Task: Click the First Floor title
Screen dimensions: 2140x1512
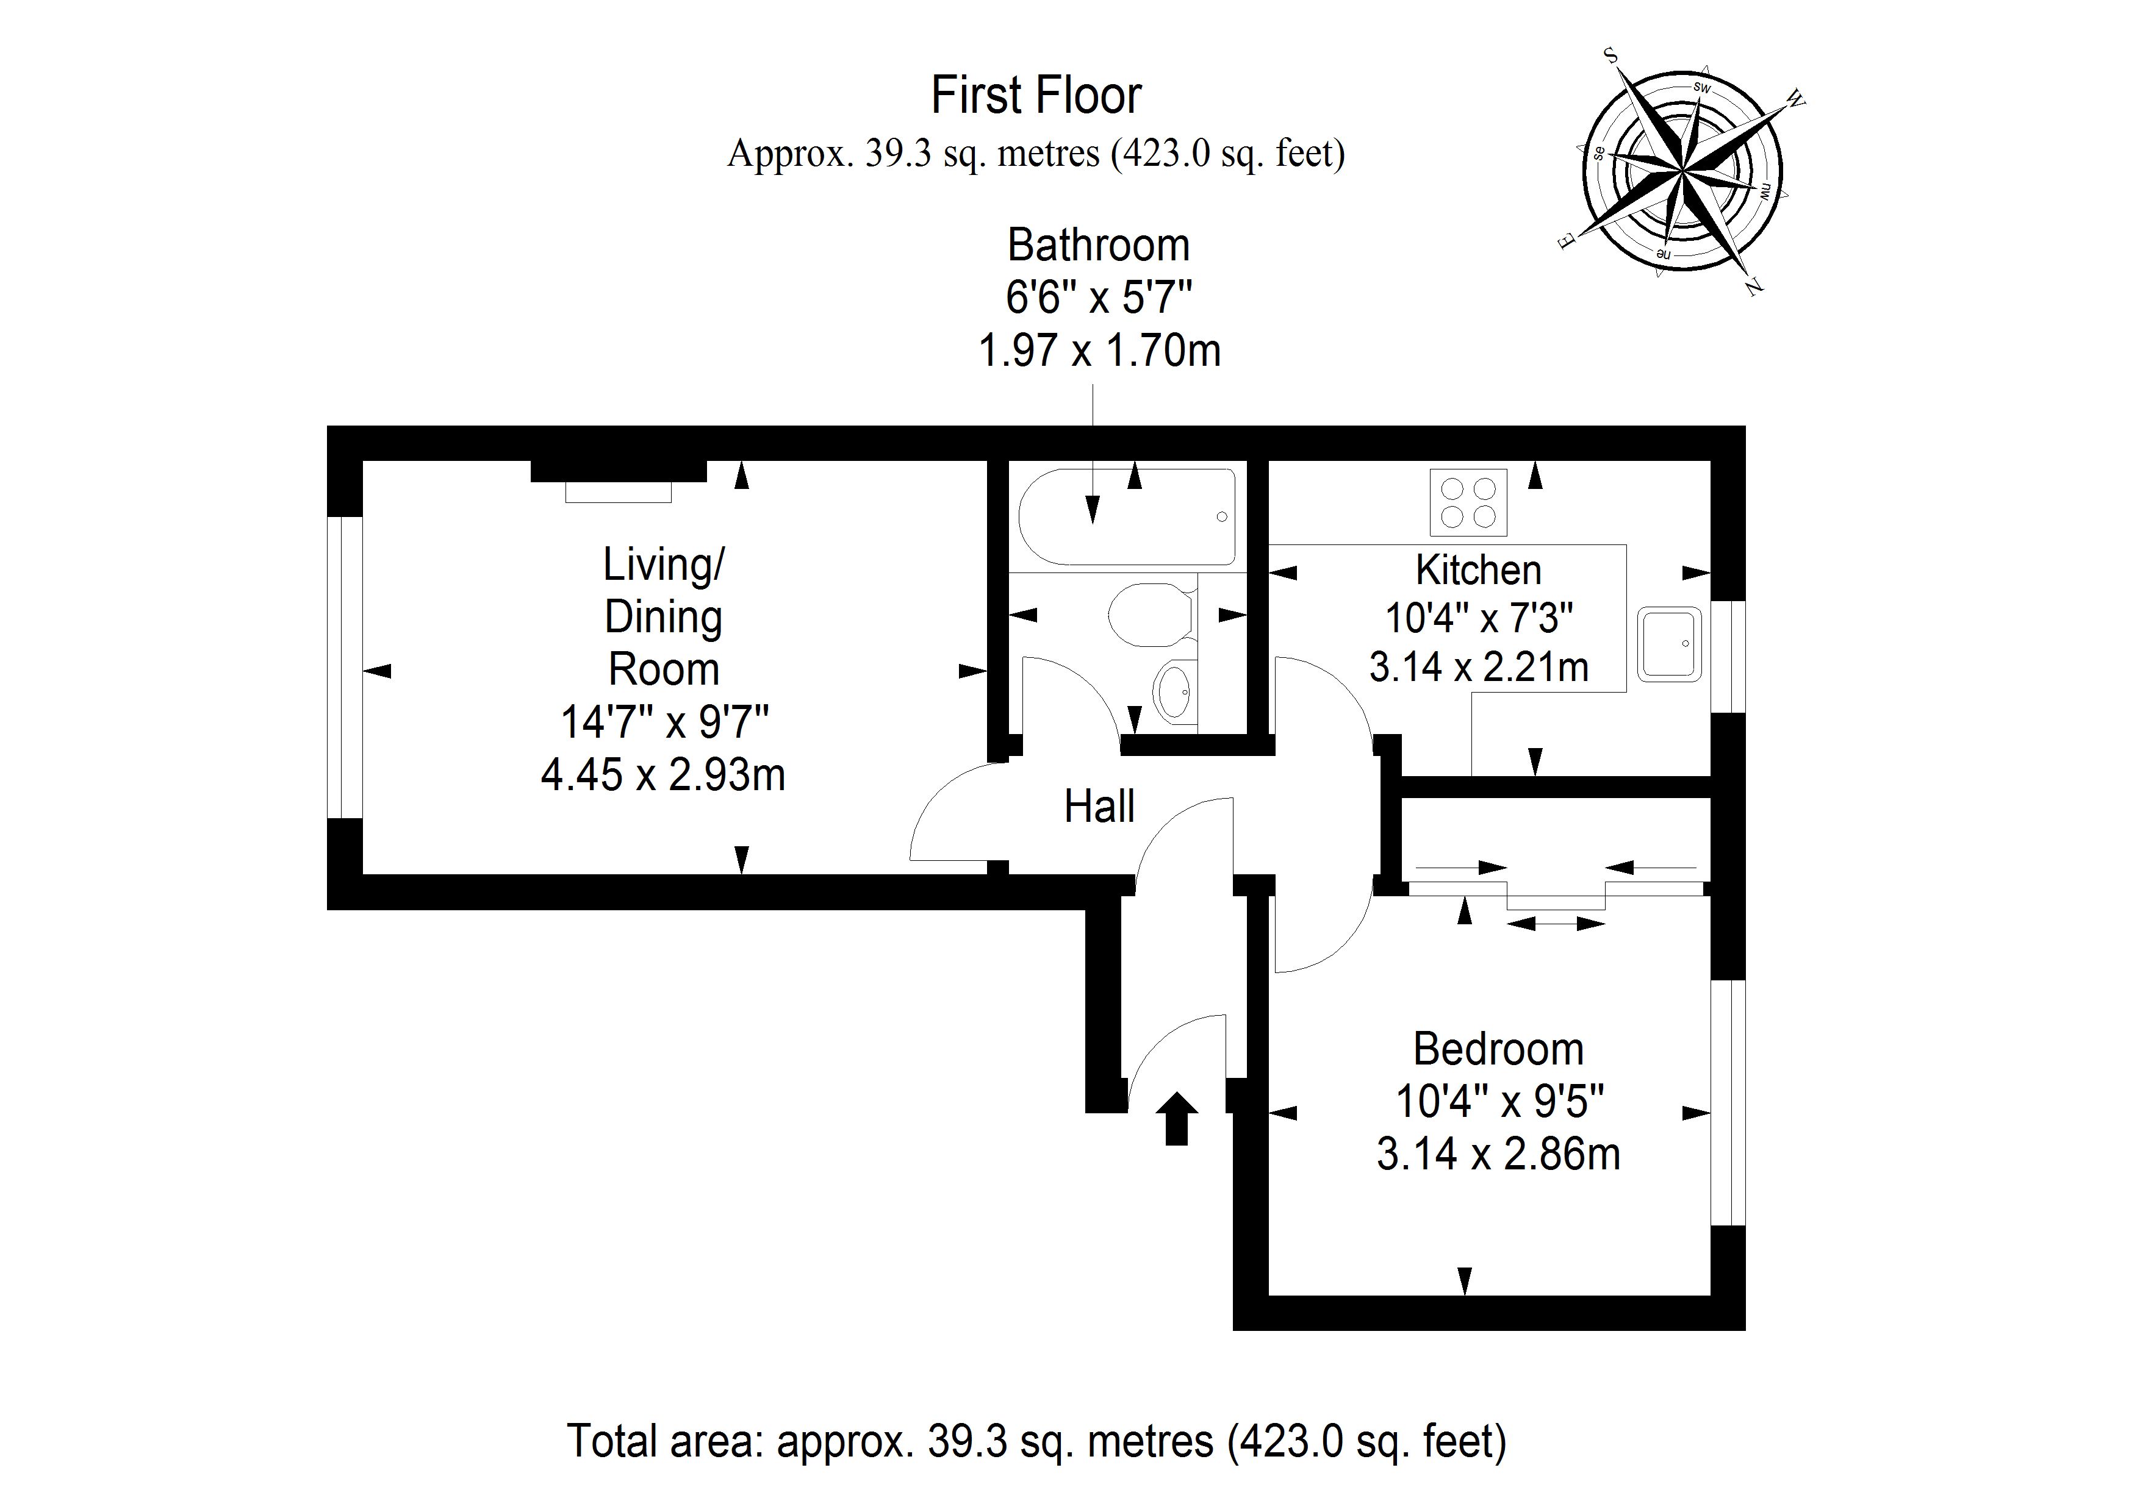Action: pyautogui.click(x=1036, y=95)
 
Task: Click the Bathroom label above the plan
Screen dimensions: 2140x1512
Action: pyautogui.click(x=1099, y=245)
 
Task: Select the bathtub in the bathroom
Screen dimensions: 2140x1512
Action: pyautogui.click(x=1127, y=517)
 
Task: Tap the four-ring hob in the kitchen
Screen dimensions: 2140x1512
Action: pyautogui.click(x=1468, y=502)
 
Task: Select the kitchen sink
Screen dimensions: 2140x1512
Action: pyautogui.click(x=1670, y=644)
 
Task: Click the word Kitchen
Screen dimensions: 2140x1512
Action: pyautogui.click(x=1478, y=569)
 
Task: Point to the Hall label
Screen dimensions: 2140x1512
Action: pyautogui.click(x=1100, y=807)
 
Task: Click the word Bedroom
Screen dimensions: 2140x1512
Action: pyautogui.click(x=1499, y=1050)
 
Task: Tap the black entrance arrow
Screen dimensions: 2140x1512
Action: pyautogui.click(x=1176, y=1118)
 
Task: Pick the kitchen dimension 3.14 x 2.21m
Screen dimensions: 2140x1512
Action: pyautogui.click(x=1478, y=667)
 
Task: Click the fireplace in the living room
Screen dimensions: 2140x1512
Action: pyautogui.click(x=618, y=480)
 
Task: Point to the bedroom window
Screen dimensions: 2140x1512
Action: pyautogui.click(x=1728, y=1102)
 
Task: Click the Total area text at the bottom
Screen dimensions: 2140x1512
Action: pyautogui.click(x=1036, y=1441)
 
